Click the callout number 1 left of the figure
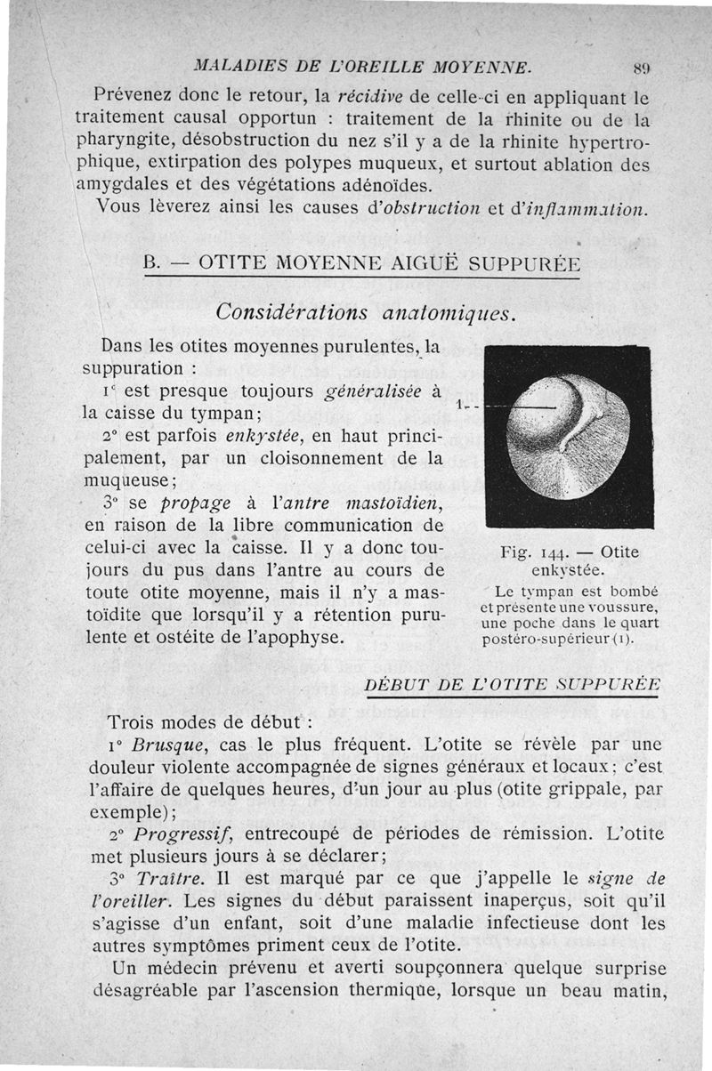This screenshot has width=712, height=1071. coord(457,406)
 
